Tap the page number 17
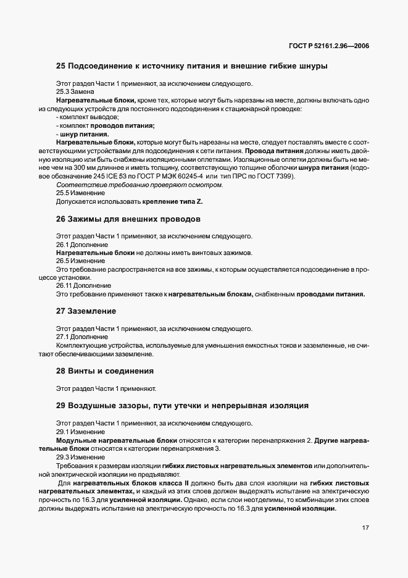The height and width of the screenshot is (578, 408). pos(365,527)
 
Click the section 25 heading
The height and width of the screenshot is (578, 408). pos(191,65)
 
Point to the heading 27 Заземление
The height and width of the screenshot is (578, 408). pos(86,311)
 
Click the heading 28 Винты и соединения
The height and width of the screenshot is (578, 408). pos(104,371)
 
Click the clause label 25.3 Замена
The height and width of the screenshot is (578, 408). pos(75,91)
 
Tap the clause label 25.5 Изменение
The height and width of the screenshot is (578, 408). pos(80,193)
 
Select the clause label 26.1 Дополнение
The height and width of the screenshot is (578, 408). pos(82,245)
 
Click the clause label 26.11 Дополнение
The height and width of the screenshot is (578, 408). pos(83,286)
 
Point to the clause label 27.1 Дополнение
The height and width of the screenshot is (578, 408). pos(82,337)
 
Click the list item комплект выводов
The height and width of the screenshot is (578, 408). pos(88,117)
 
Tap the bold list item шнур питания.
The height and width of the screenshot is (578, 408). pos(83,134)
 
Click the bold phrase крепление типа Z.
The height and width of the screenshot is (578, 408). pos(170,201)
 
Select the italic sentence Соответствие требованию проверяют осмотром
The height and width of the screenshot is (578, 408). pos(139,185)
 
